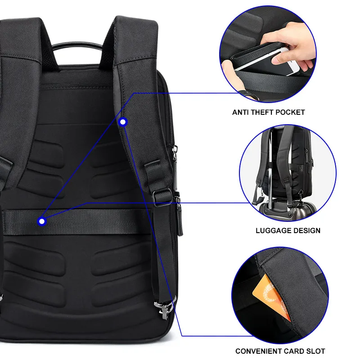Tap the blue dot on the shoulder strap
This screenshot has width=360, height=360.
click(123, 121)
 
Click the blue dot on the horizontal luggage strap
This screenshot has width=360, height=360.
click(42, 221)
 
